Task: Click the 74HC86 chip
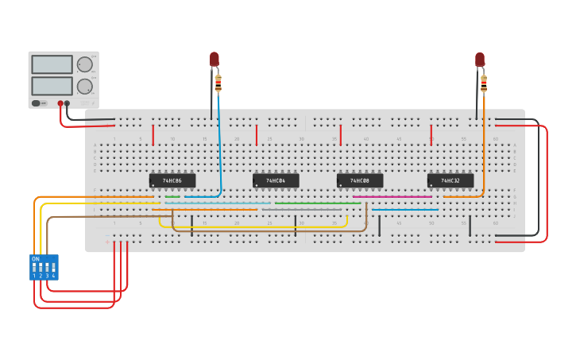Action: (172, 180)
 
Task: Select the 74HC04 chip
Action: (276, 180)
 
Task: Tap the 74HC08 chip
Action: (360, 180)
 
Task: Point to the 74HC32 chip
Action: (450, 180)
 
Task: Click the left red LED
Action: (214, 60)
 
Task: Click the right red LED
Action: (480, 60)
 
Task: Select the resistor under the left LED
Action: (218, 83)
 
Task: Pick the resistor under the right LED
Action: (484, 83)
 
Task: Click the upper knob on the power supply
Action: (84, 65)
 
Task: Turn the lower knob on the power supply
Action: (84, 86)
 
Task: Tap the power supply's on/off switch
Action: (37, 103)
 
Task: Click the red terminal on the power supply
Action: (60, 103)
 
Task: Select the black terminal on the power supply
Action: (67, 103)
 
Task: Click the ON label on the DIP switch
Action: (35, 259)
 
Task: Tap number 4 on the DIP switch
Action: (54, 275)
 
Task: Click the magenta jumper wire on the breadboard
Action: (392, 196)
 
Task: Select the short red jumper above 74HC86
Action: (153, 134)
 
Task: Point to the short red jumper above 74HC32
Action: (431, 134)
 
